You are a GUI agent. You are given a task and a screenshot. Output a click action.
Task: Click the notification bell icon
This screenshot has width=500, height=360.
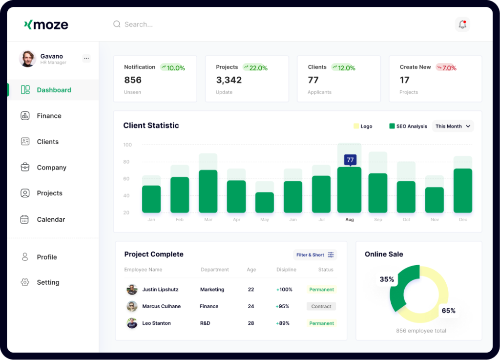coord(462,24)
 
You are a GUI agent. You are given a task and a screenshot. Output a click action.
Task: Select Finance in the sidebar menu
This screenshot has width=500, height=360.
coord(49,116)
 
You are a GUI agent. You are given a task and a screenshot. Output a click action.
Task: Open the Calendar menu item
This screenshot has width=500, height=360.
coord(51,219)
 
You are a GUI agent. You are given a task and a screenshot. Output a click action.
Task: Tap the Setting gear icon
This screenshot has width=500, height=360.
coord(25,282)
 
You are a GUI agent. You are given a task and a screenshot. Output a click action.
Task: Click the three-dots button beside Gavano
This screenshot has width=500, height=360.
coord(86,58)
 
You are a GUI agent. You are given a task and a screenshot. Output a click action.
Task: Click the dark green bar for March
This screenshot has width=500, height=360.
coord(208,191)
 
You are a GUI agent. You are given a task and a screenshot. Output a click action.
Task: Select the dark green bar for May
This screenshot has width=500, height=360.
coord(265,202)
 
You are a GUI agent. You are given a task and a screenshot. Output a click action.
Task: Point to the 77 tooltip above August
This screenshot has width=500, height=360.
coord(350,160)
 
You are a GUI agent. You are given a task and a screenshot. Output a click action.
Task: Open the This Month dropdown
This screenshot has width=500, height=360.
coord(453,126)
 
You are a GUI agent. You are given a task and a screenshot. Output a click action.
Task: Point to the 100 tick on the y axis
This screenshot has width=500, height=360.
coord(127,145)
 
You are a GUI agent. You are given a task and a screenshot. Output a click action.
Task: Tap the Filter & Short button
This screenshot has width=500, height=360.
coord(315,254)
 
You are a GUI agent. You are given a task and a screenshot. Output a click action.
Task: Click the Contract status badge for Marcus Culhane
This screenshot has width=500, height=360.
coord(321,307)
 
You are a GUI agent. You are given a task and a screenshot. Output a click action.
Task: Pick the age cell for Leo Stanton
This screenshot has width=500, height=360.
coord(251,323)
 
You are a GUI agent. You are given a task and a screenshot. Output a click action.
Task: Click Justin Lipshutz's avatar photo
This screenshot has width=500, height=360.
coord(132,290)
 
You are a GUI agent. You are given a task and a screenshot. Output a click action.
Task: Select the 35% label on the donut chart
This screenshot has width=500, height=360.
coord(387,279)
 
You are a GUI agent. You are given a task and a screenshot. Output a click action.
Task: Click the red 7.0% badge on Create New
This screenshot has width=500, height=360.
coord(446,67)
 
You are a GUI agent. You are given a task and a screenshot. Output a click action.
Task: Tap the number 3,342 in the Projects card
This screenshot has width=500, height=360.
coord(229,80)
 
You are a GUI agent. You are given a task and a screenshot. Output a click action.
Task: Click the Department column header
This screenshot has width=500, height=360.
coord(215,270)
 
